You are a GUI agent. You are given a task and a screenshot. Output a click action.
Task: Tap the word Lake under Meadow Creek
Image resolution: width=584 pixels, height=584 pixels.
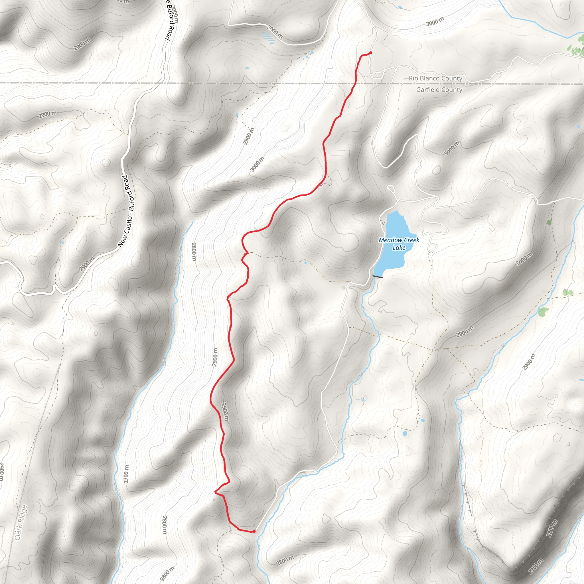399,248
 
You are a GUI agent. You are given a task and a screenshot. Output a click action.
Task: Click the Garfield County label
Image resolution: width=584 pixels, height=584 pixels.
439,90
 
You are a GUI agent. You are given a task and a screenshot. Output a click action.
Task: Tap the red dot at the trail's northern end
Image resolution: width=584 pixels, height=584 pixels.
371,53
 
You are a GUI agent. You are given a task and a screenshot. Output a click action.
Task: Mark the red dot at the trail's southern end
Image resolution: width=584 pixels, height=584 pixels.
254,531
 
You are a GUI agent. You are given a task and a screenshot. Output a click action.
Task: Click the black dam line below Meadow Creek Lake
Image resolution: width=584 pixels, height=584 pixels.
378,277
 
